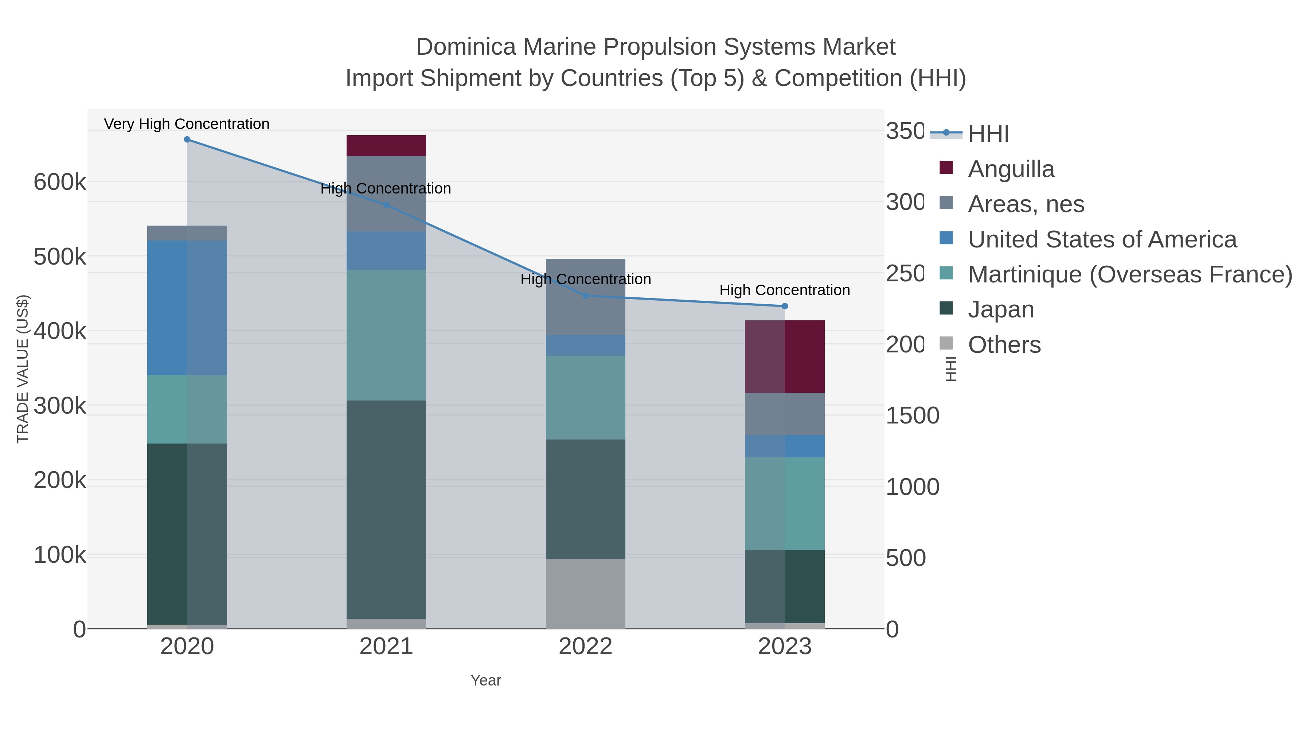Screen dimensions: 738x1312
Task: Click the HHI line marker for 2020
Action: [x=187, y=140]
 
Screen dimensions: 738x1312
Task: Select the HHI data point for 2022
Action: [x=585, y=296]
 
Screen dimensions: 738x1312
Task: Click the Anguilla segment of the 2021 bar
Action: [x=386, y=146]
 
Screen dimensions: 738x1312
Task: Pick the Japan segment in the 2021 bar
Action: [x=386, y=509]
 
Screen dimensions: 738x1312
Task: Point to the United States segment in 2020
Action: [x=187, y=308]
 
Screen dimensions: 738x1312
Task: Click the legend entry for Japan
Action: [x=1001, y=310]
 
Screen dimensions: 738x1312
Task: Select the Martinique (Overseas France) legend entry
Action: [x=1130, y=274]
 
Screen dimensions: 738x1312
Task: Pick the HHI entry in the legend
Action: [x=988, y=134]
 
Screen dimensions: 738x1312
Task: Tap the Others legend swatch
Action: [x=946, y=344]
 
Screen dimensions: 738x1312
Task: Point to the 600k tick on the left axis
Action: [x=60, y=182]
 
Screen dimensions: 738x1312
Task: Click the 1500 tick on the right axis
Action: [x=912, y=415]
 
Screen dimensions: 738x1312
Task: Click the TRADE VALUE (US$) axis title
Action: [x=23, y=369]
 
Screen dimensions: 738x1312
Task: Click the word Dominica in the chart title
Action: [x=466, y=47]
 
